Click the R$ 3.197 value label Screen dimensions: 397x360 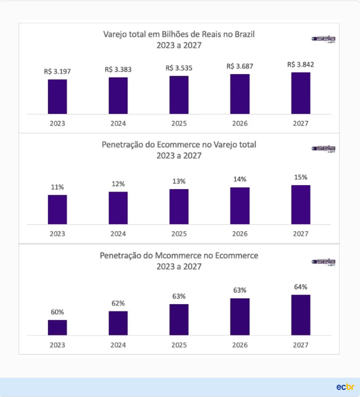57,71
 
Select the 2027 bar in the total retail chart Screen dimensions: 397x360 300,93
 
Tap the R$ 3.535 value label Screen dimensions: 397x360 179,68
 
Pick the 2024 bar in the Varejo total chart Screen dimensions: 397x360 118,95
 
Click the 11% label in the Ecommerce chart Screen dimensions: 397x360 57,187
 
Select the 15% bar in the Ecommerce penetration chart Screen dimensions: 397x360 300,204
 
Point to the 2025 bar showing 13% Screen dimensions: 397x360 179,206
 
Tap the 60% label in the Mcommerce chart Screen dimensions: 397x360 57,312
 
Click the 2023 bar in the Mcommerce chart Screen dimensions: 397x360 57,328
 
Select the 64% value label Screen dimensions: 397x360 300,287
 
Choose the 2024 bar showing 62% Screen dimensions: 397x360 118,323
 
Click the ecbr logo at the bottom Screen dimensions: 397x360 345,386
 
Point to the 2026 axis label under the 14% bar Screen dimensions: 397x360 240,234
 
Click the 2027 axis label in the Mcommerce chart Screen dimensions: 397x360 300,345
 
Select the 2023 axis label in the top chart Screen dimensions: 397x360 57,123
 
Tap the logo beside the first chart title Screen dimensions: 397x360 323,39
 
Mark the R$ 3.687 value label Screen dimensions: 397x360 240,66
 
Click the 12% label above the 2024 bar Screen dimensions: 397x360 118,184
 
